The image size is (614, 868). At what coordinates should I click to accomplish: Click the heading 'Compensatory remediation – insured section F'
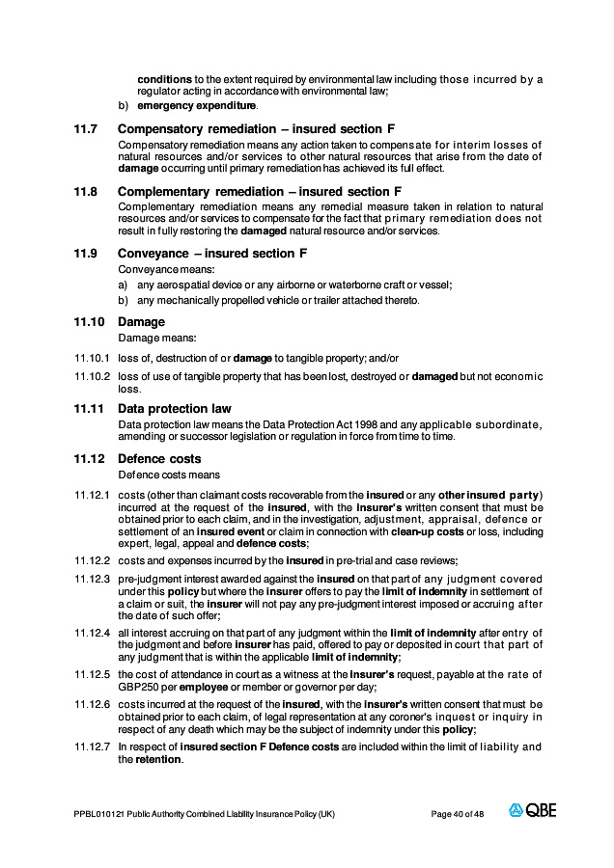[x=257, y=128]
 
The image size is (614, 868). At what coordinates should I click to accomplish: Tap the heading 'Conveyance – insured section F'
[x=212, y=254]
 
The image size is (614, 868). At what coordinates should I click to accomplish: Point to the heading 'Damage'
[x=141, y=322]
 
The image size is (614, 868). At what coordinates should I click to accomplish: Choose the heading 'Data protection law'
[x=175, y=409]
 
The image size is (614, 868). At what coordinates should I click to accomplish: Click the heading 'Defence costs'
[x=159, y=459]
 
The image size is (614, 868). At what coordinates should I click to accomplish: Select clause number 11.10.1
[x=93, y=358]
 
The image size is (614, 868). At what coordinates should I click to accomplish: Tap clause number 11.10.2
[x=93, y=376]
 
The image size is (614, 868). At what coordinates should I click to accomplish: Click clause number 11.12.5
[x=93, y=673]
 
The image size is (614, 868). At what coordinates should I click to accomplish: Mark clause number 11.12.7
[x=93, y=746]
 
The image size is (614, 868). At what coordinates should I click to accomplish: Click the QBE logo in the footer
[x=533, y=811]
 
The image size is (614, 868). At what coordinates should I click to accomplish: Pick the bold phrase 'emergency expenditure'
[x=197, y=105]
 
